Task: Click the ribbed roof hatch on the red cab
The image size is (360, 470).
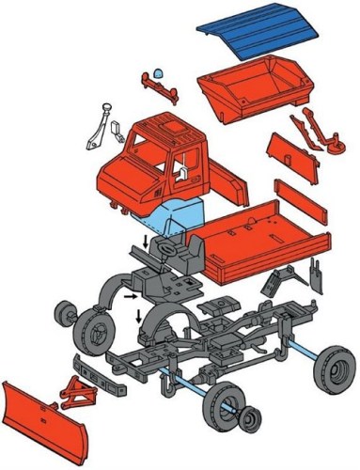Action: tap(173, 123)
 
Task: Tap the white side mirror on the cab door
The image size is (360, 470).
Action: tap(179, 170)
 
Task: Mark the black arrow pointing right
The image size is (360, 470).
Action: tap(131, 297)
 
